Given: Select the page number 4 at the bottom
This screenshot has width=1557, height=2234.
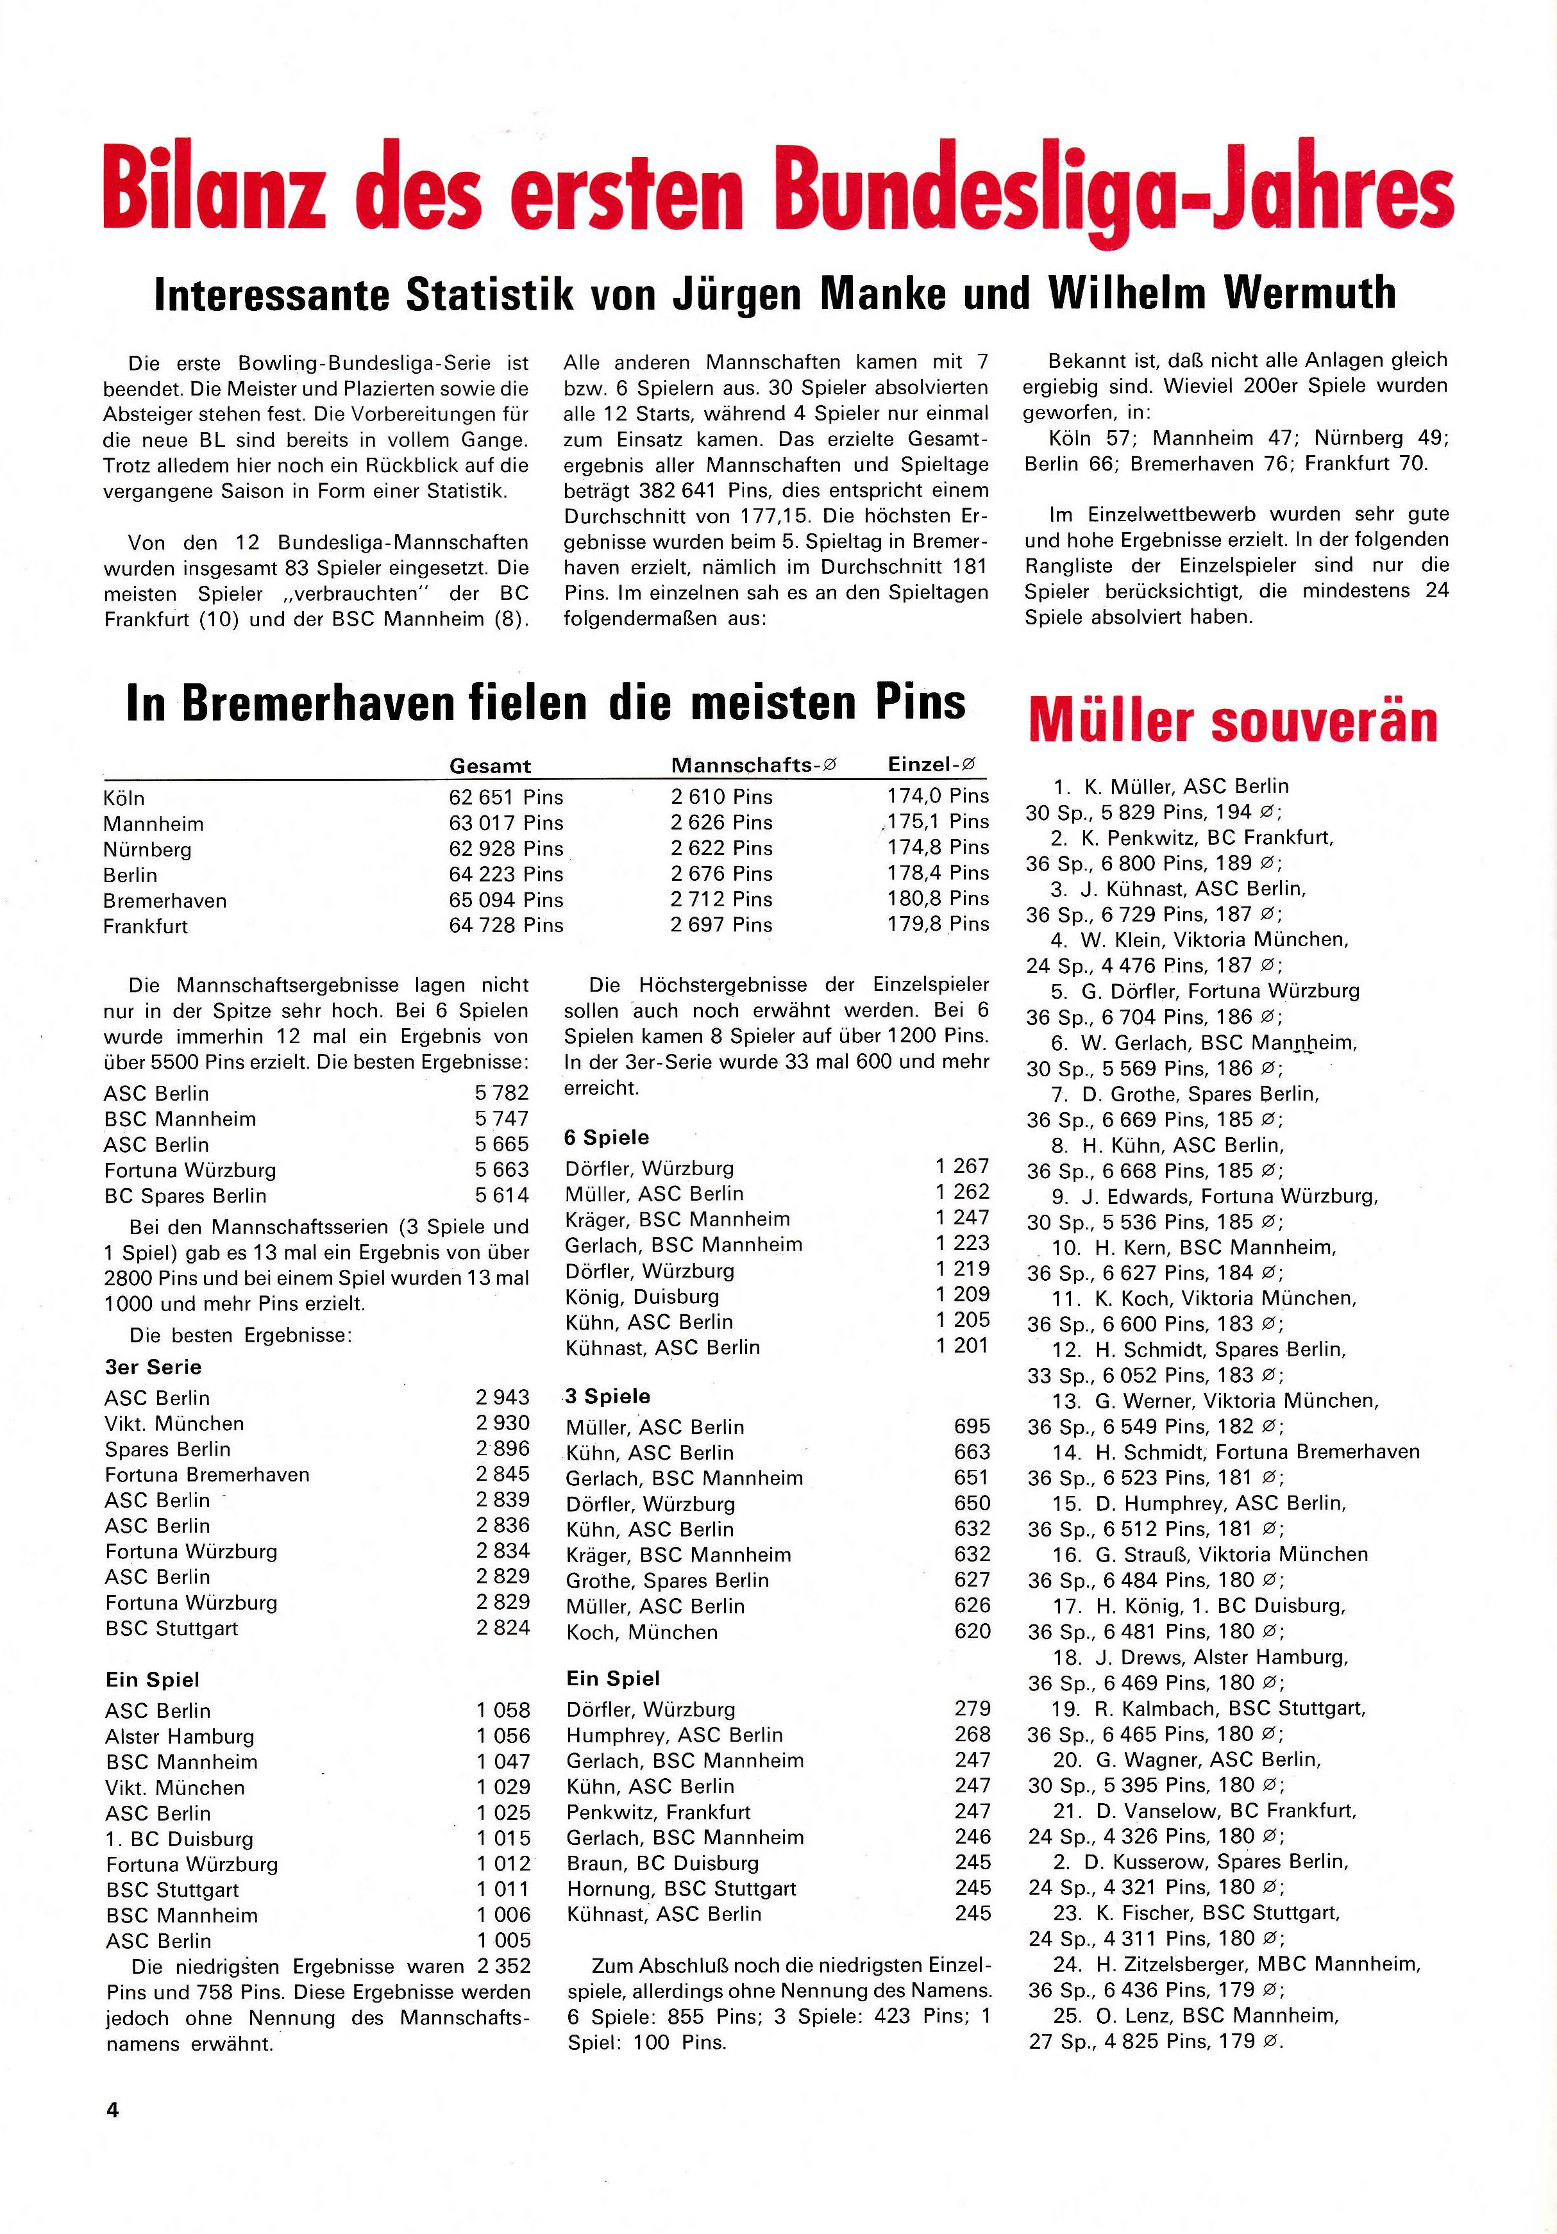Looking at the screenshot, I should tap(112, 2110).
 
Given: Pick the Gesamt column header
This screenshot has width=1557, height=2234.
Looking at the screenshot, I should tap(489, 766).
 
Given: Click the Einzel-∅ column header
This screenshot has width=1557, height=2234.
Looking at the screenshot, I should tap(931, 765).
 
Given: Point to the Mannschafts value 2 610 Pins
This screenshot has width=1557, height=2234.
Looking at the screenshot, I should tap(721, 797).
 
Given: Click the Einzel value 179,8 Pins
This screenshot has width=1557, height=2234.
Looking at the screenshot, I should tap(937, 924).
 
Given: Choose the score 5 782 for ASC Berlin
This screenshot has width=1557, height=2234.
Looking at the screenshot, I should tap(502, 1093).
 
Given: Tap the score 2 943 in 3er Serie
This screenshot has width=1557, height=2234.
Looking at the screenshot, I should tap(502, 1397).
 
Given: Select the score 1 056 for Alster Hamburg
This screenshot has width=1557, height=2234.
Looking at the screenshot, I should tap(502, 1736).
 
